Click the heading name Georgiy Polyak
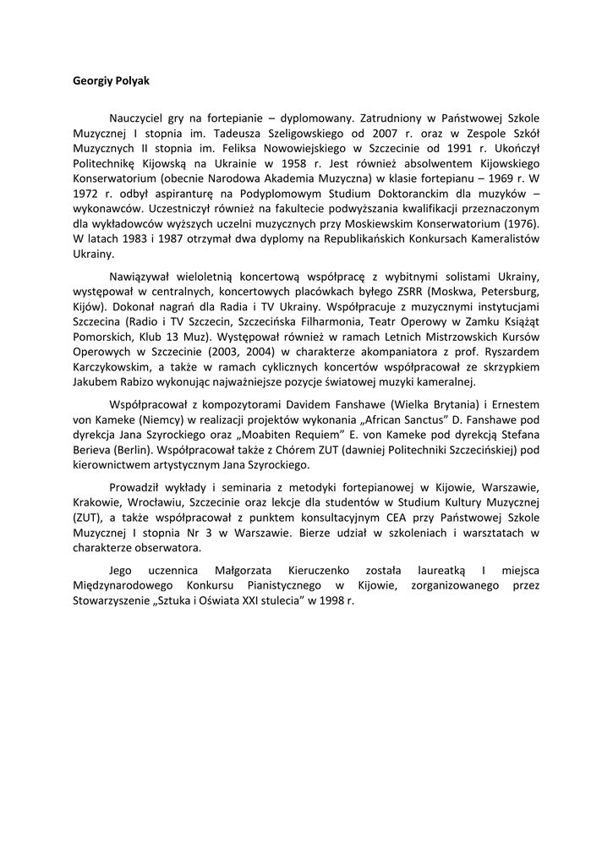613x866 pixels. point(111,81)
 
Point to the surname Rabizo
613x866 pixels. point(131,382)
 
